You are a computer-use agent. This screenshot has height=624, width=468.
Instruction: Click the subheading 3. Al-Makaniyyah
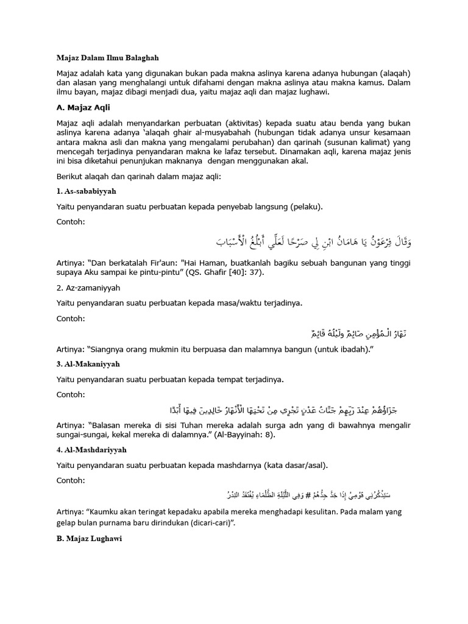coord(91,363)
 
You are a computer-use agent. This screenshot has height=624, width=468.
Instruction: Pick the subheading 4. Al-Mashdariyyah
coord(94,449)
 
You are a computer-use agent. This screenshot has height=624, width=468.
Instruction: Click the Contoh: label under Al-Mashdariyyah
coord(71,481)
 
